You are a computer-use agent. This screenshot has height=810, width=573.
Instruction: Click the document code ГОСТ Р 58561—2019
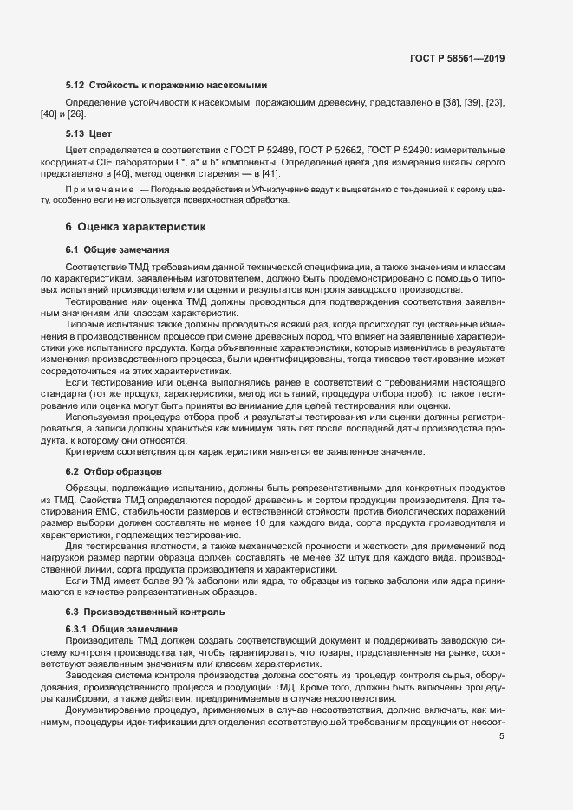[x=458, y=59]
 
